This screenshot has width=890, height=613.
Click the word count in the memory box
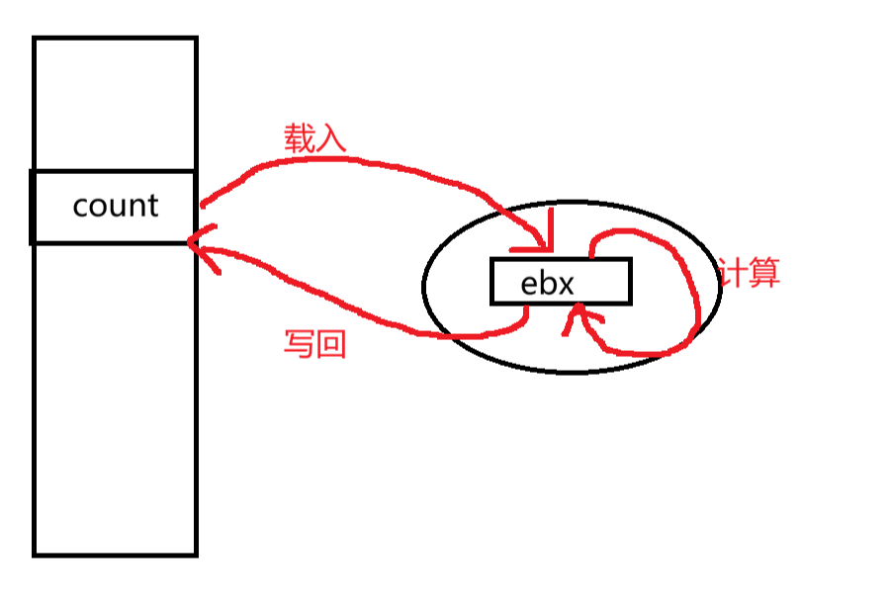116,206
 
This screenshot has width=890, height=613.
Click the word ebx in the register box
547,284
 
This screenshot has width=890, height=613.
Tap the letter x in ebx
565,285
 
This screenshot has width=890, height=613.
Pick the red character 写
299,344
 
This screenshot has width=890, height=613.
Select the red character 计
734,272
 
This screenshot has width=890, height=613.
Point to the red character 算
764,272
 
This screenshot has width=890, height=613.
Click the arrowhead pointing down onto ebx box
542,243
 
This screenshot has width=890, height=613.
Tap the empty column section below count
115,395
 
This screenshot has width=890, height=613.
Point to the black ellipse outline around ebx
425,287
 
